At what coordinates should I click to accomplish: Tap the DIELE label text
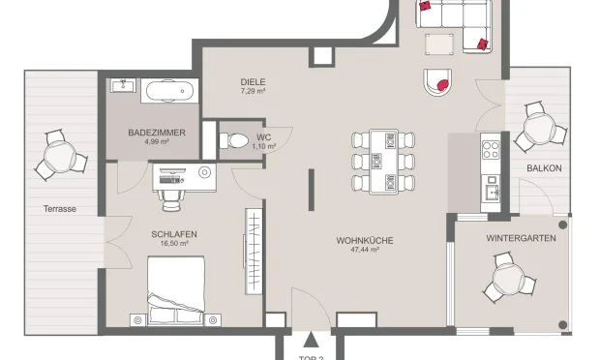click(x=254, y=82)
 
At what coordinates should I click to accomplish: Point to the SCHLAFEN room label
click(x=174, y=234)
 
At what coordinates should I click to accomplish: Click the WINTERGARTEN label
click(x=521, y=237)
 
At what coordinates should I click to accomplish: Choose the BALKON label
click(x=543, y=168)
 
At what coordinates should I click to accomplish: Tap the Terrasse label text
click(x=59, y=208)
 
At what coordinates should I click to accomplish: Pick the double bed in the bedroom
click(x=174, y=290)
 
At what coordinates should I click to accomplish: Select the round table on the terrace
click(x=59, y=156)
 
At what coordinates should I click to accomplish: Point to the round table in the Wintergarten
click(x=508, y=280)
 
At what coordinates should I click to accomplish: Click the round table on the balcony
click(x=537, y=127)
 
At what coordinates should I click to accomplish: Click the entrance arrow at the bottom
click(x=310, y=340)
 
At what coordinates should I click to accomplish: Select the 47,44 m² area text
click(x=358, y=249)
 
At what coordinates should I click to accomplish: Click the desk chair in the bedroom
click(x=171, y=197)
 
